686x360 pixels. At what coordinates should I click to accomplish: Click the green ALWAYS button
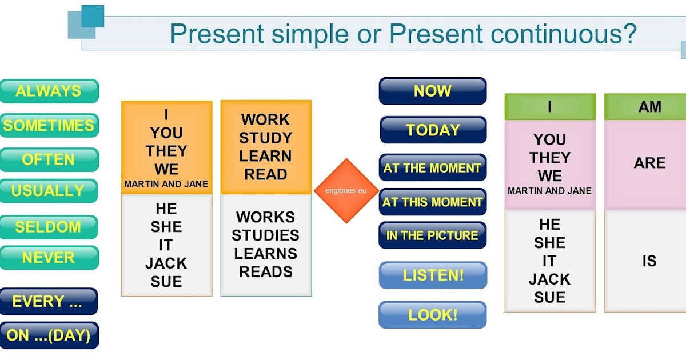49,91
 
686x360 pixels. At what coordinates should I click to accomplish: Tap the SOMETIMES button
49,125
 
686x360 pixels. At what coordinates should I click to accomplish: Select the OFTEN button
49,159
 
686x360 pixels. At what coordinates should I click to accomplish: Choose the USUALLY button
49,191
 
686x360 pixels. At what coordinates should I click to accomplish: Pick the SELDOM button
49,227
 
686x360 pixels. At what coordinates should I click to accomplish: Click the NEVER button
49,258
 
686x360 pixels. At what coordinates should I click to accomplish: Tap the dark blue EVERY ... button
49,301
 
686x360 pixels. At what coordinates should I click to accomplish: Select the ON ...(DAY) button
49,335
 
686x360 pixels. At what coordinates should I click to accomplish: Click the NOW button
432,91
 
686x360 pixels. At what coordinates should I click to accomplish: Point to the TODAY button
433,130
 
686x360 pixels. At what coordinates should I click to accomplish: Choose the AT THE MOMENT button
432,168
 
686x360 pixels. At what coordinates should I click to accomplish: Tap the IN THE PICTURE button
432,235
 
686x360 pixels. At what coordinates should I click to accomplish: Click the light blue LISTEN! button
433,275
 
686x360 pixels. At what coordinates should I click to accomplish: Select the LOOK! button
432,315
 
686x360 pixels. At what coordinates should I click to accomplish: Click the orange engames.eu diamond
346,191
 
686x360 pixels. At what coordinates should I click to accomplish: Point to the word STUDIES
265,235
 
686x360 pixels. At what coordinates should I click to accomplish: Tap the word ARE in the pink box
649,163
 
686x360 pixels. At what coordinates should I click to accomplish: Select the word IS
649,261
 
